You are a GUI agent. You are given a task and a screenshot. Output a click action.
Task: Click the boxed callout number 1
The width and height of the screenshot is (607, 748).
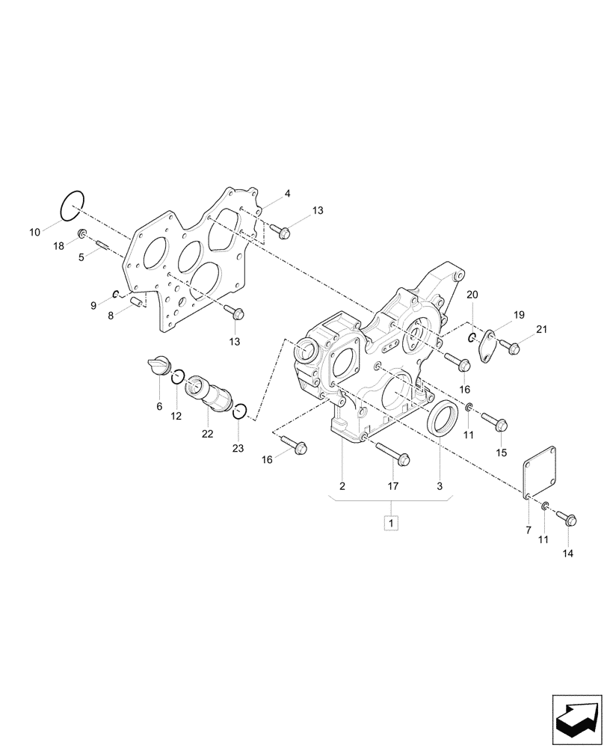[392, 521]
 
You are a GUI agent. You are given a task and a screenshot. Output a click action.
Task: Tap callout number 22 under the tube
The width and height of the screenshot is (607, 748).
[207, 434]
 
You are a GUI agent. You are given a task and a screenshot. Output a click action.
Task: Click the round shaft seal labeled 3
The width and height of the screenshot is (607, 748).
[443, 417]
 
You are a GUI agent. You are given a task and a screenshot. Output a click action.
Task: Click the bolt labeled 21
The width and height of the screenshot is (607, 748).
[511, 346]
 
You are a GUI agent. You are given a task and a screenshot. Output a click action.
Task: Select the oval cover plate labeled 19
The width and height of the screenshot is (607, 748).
[486, 347]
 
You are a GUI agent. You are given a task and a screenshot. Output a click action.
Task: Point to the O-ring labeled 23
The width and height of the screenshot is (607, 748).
[240, 411]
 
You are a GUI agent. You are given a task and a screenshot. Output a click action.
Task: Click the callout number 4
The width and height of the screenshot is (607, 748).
[287, 194]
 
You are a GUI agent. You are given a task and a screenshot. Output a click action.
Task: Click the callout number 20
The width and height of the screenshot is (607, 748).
[472, 295]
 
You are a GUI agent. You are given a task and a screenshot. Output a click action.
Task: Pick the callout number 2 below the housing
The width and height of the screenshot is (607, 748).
[342, 486]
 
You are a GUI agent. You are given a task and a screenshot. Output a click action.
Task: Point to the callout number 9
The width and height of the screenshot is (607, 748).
[93, 305]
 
